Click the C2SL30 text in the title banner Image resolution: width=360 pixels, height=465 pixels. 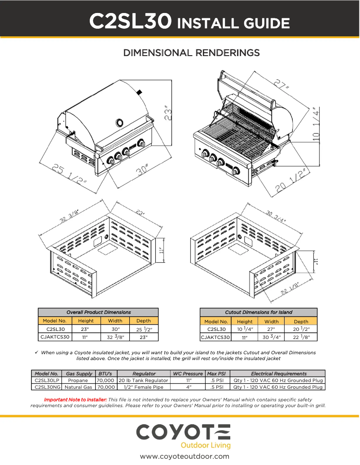pos(130,21)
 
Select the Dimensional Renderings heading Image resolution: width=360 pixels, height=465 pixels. pos(191,53)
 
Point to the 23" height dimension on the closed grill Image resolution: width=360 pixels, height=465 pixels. pos(168,113)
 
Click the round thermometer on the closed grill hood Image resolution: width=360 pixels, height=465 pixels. pos(120,122)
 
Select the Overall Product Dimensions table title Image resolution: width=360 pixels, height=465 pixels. pos(98,312)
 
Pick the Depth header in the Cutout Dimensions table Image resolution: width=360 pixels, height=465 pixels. pos(301,321)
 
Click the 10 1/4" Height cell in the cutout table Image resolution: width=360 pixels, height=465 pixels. pos(245,329)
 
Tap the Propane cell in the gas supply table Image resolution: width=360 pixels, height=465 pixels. pos(78,380)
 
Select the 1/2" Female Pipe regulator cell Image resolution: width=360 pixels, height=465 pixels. pos(144,387)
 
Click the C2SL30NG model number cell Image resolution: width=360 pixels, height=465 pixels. pos(47,387)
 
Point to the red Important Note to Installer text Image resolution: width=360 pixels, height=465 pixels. pos(75,399)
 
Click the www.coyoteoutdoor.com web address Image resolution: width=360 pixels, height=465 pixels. pos(184,456)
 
